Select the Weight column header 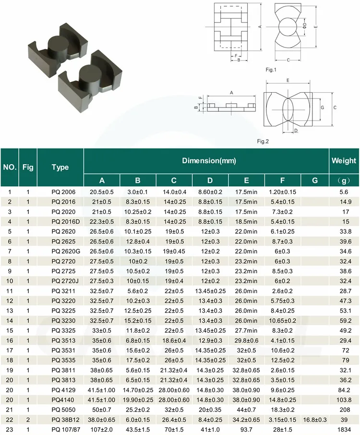pos(344,160)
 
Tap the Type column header pos(60,167)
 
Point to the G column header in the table pos(314,181)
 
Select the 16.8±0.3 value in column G pos(314,419)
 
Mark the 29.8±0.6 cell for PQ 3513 pos(246,340)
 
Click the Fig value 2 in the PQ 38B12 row pos(28,419)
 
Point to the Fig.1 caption pos(272,70)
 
